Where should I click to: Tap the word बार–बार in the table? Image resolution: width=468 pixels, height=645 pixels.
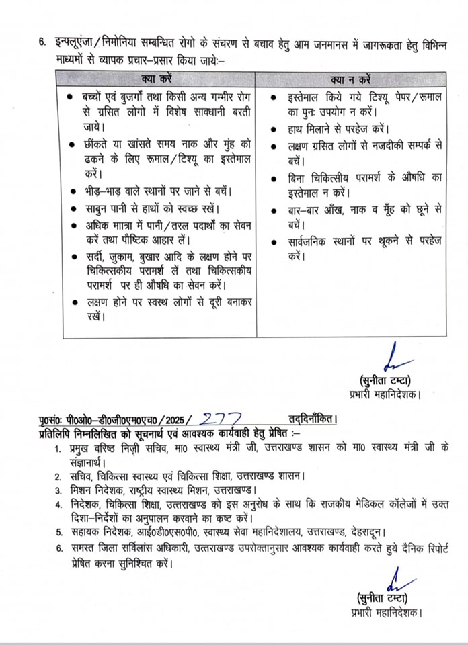tap(306, 210)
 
